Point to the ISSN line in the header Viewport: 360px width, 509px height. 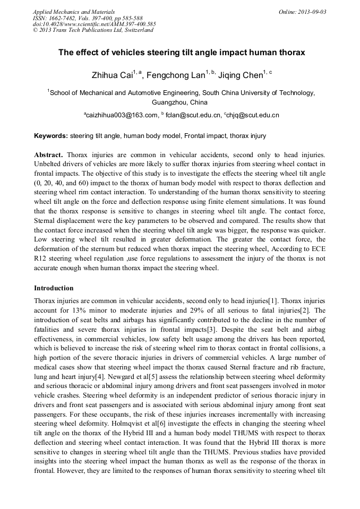click(80, 18)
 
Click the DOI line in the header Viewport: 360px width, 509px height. click(94, 24)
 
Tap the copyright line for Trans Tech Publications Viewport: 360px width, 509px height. click(93, 30)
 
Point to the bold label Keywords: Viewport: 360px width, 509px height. click(51, 136)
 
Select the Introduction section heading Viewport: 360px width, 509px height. click(54, 288)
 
